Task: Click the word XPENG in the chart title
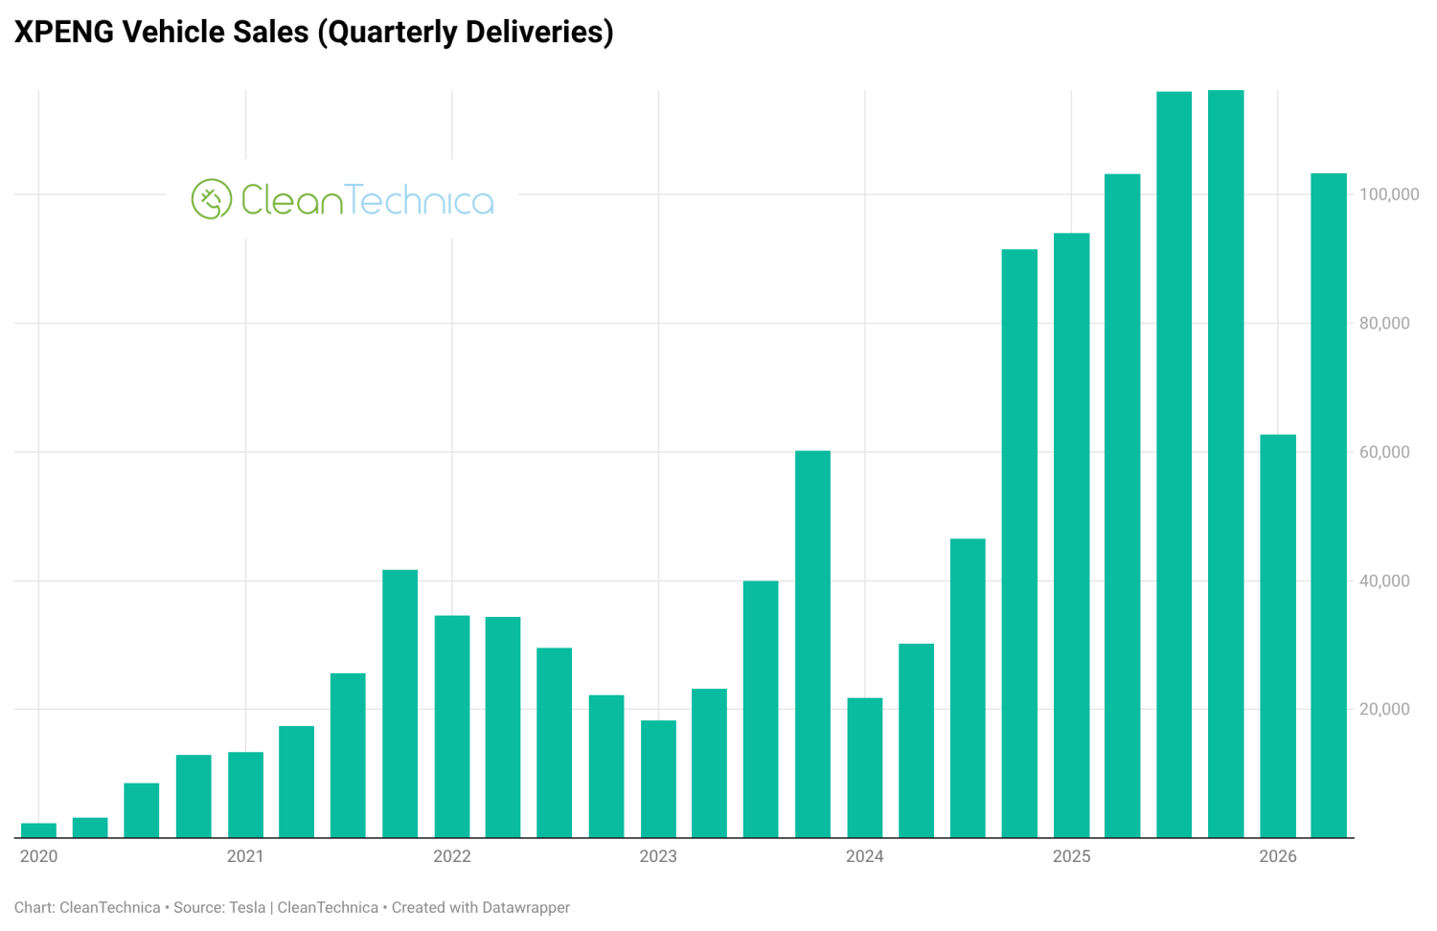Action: (x=63, y=32)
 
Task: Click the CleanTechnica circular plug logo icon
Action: (x=211, y=199)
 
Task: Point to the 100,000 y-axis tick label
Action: (x=1389, y=194)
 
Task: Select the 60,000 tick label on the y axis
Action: (x=1384, y=452)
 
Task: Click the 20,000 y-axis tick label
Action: (x=1384, y=709)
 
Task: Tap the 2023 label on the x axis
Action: (x=658, y=856)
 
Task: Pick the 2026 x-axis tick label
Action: (x=1278, y=856)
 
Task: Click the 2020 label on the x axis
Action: (x=39, y=856)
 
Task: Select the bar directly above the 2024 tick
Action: (x=865, y=767)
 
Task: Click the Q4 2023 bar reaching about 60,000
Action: (x=812, y=644)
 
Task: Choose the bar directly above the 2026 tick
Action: (x=1278, y=636)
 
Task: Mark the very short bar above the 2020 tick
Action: (x=38, y=830)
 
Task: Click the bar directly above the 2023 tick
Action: (x=658, y=779)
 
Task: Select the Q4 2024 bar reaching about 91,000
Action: (x=1019, y=543)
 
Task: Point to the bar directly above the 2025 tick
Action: (x=1071, y=535)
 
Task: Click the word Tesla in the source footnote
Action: (x=247, y=908)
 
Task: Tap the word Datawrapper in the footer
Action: (x=526, y=908)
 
